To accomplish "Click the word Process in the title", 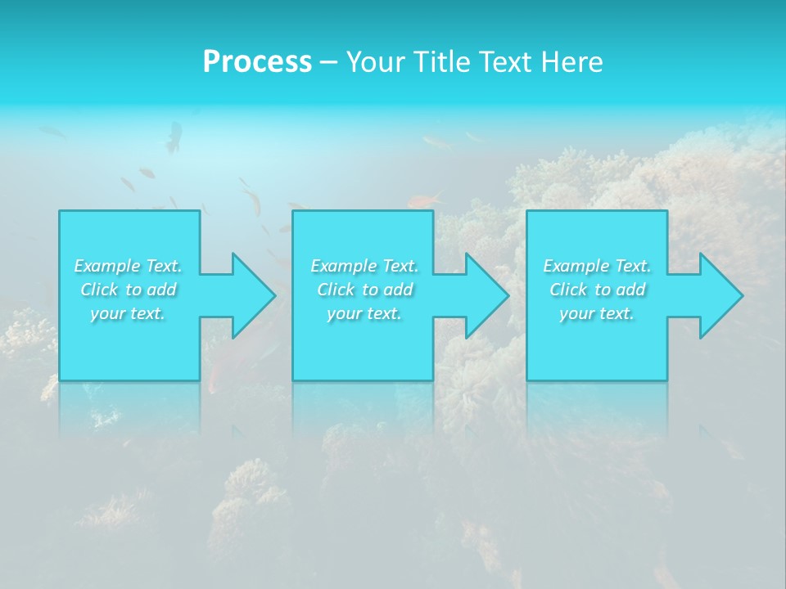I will point(257,62).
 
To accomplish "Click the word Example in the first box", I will point(106,266).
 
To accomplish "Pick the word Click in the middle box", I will point(335,290).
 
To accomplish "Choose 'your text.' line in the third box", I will point(597,313).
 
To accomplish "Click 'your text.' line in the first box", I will point(128,313).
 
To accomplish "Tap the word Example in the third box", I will point(576,266).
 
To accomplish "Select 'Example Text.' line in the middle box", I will point(364,266).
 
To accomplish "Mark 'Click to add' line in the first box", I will point(129,290).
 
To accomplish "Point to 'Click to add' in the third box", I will point(598,290).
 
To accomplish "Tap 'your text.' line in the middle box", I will point(364,313).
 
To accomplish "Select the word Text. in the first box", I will point(163,266).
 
